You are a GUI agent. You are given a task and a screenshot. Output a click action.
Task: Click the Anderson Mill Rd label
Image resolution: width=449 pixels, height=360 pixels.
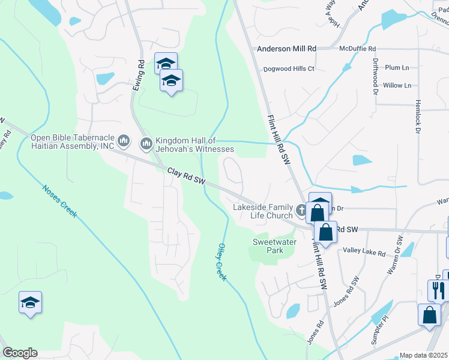point(286,49)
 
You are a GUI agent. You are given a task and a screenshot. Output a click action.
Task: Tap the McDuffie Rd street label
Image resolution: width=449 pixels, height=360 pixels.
point(357,49)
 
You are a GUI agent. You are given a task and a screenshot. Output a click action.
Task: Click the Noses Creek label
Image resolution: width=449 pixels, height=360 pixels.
point(60,201)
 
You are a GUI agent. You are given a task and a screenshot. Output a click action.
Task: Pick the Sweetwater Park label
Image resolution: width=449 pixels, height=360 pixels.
point(267,246)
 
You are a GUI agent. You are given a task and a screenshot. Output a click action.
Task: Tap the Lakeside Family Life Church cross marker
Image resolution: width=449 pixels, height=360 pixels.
point(301,211)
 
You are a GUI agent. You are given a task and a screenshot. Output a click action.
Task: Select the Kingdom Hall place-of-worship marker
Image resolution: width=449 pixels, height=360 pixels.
point(146,143)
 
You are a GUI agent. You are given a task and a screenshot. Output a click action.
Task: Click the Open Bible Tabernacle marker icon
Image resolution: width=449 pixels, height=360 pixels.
point(124,142)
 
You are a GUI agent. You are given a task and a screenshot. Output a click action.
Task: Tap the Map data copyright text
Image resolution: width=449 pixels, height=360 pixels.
point(423,355)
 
